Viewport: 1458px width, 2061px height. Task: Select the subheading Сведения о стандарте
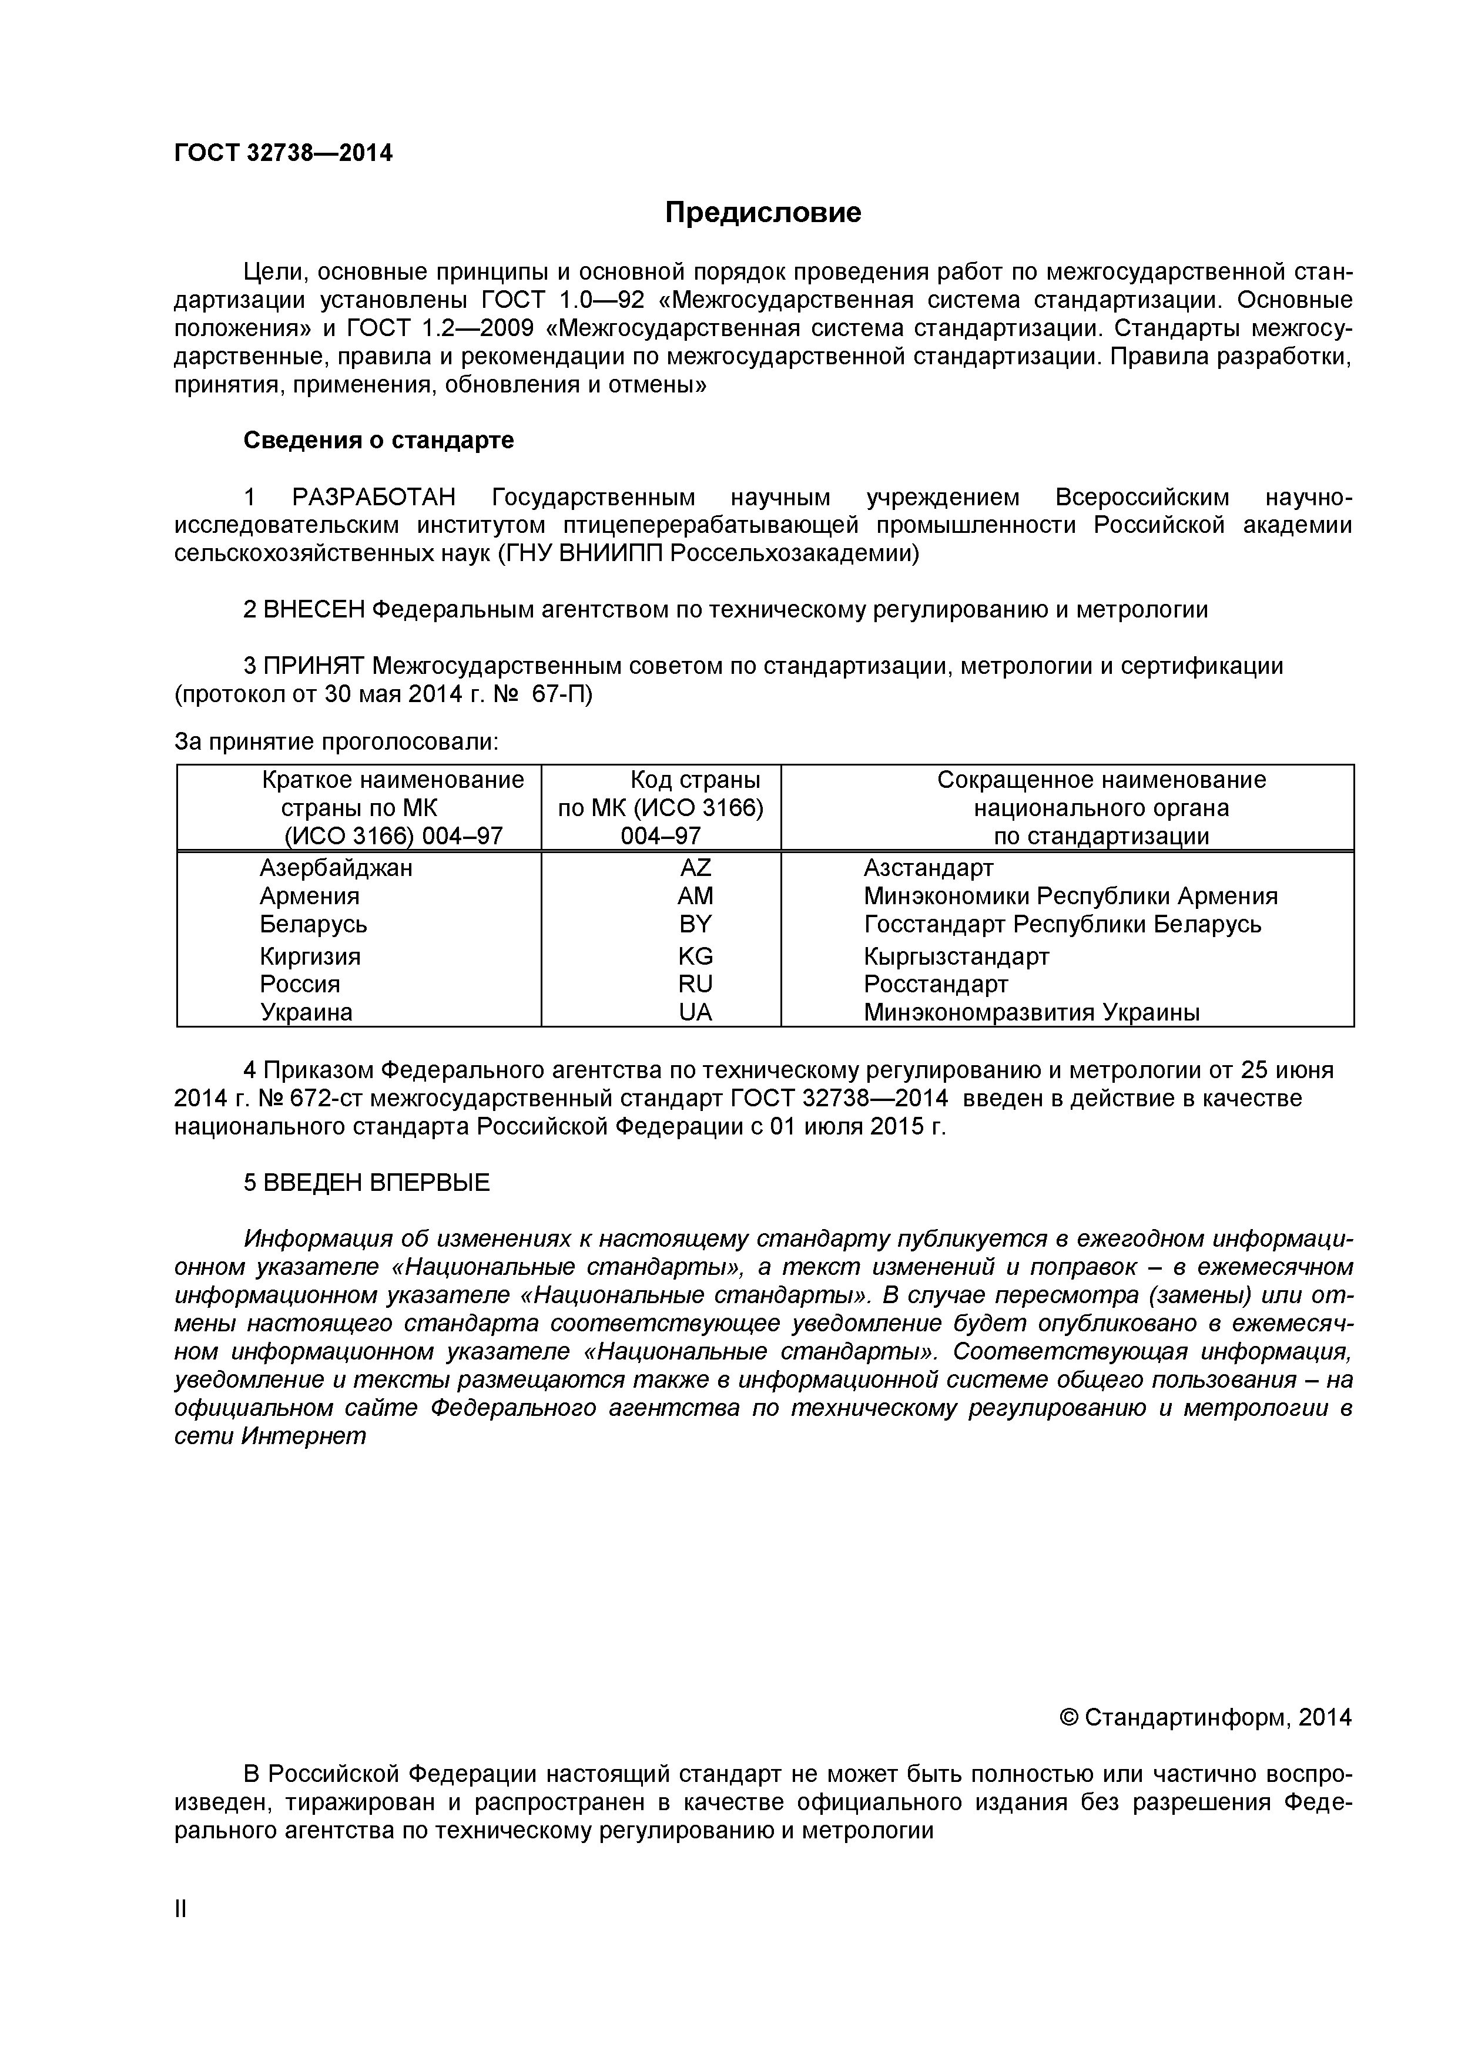click(x=379, y=441)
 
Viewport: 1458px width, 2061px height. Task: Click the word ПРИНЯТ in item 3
click(x=314, y=666)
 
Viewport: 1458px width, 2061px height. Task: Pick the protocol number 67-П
click(x=562, y=695)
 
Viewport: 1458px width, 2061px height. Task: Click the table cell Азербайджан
click(x=337, y=868)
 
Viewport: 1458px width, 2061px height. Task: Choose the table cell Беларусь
click(x=313, y=925)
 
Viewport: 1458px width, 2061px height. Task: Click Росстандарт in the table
click(x=936, y=985)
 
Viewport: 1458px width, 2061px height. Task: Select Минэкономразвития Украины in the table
click(x=1031, y=1012)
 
